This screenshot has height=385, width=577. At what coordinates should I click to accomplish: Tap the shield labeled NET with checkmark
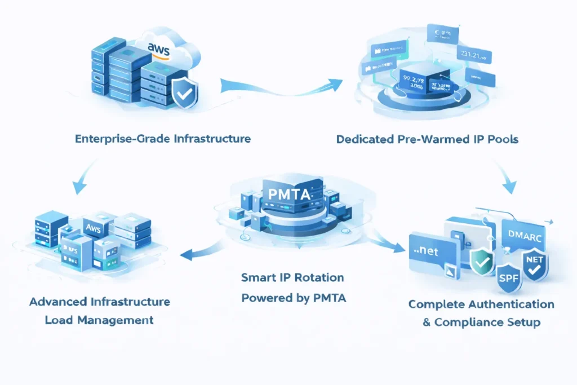(533, 264)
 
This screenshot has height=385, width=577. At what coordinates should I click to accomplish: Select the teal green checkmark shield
(481, 260)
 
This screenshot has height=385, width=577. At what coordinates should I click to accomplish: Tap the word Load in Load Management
(59, 320)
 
